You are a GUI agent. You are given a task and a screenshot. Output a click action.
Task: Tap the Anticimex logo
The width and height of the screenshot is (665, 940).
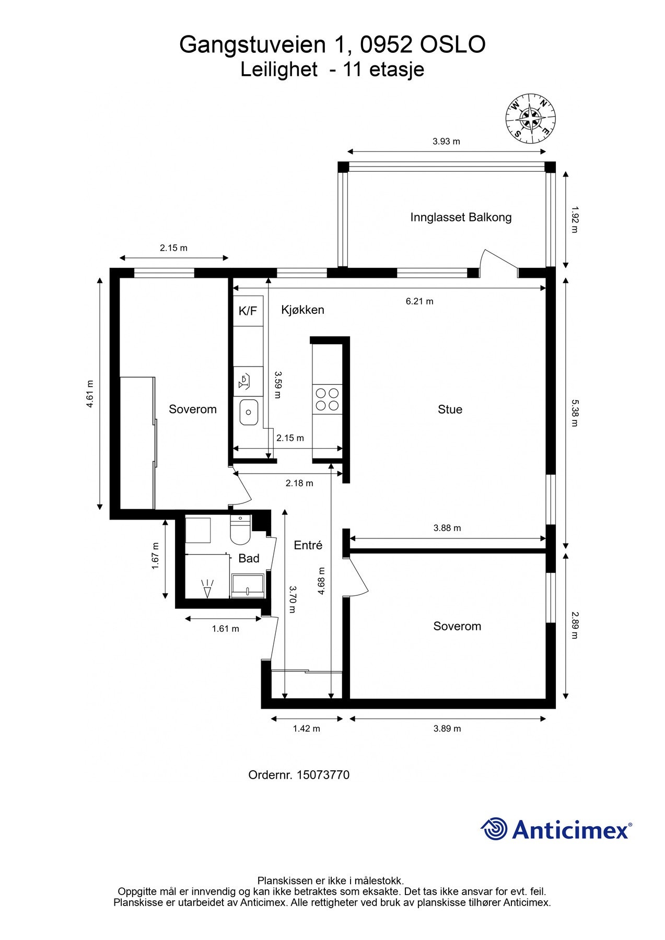(556, 829)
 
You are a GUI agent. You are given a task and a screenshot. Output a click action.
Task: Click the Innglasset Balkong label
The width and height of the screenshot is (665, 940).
(461, 217)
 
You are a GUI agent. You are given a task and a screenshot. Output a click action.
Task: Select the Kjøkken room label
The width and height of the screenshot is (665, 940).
(302, 310)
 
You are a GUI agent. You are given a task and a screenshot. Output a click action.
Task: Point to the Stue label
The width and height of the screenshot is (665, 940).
(450, 409)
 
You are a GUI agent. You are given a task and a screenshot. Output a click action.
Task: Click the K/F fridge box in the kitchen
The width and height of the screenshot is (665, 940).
(248, 311)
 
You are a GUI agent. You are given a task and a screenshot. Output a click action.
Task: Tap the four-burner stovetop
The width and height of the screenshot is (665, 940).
(326, 399)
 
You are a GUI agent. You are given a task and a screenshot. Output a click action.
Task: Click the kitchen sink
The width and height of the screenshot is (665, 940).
(249, 412)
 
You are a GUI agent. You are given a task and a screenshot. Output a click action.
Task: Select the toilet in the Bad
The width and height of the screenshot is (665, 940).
(240, 530)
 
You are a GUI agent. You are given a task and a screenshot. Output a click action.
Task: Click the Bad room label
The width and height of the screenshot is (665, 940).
(249, 558)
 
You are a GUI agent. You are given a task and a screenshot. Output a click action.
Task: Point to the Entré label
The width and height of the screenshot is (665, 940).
(308, 545)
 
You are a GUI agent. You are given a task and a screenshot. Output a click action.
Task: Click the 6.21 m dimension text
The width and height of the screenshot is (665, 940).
(419, 301)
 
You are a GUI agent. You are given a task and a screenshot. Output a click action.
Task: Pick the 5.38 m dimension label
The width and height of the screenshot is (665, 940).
(574, 413)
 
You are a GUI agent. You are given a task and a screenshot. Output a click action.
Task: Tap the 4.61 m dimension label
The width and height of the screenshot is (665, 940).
(90, 393)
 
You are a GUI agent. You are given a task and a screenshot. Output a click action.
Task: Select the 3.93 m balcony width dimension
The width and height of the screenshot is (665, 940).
(446, 142)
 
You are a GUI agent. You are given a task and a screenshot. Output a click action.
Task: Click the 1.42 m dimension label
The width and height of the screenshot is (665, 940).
(307, 728)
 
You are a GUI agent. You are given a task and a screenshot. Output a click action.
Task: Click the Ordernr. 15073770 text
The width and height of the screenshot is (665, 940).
(299, 774)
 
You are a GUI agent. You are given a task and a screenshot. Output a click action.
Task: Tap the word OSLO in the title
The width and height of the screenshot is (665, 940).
(453, 45)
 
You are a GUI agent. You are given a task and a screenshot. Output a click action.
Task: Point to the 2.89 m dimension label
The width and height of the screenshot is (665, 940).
(574, 625)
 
